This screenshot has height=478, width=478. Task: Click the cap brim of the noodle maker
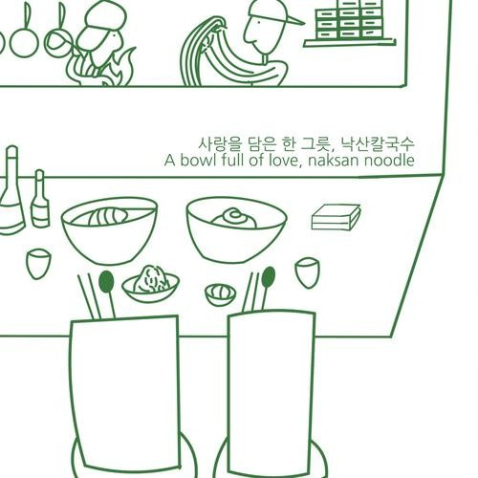293,20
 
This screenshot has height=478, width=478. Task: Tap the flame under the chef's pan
102,69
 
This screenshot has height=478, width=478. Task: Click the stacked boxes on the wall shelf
349,19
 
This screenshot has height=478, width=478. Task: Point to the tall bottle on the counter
11,190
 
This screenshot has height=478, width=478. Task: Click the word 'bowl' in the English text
195,161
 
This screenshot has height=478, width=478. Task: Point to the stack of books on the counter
336,217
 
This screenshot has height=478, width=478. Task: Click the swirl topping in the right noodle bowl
234,218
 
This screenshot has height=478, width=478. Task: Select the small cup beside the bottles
38,264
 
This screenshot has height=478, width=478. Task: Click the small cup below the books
307,272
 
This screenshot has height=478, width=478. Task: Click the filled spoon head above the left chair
106,281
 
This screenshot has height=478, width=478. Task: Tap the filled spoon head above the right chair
269,276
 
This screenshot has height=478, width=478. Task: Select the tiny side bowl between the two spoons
220,294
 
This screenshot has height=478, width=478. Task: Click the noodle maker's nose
248,36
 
